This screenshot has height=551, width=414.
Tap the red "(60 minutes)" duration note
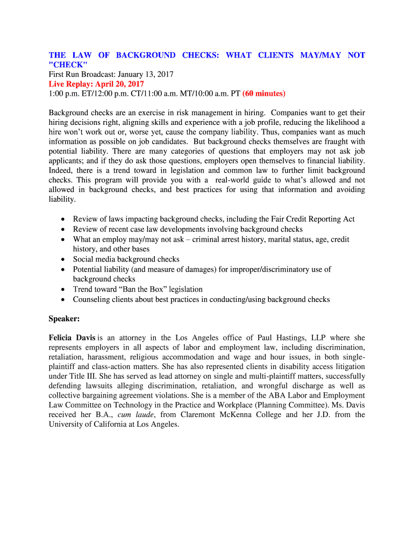pos(264,94)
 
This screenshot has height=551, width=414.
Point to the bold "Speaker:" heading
pos(65,319)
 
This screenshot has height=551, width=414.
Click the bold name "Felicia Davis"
pos(73,338)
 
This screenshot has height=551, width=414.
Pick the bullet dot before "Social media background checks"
pos(63,259)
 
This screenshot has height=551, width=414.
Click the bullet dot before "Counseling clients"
pos(63,299)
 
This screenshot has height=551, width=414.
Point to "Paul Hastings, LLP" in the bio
pos(276,338)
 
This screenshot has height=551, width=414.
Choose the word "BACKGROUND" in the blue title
pos(146,55)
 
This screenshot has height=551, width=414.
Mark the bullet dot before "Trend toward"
pos(63,289)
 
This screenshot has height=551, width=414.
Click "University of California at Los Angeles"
pos(113,424)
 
